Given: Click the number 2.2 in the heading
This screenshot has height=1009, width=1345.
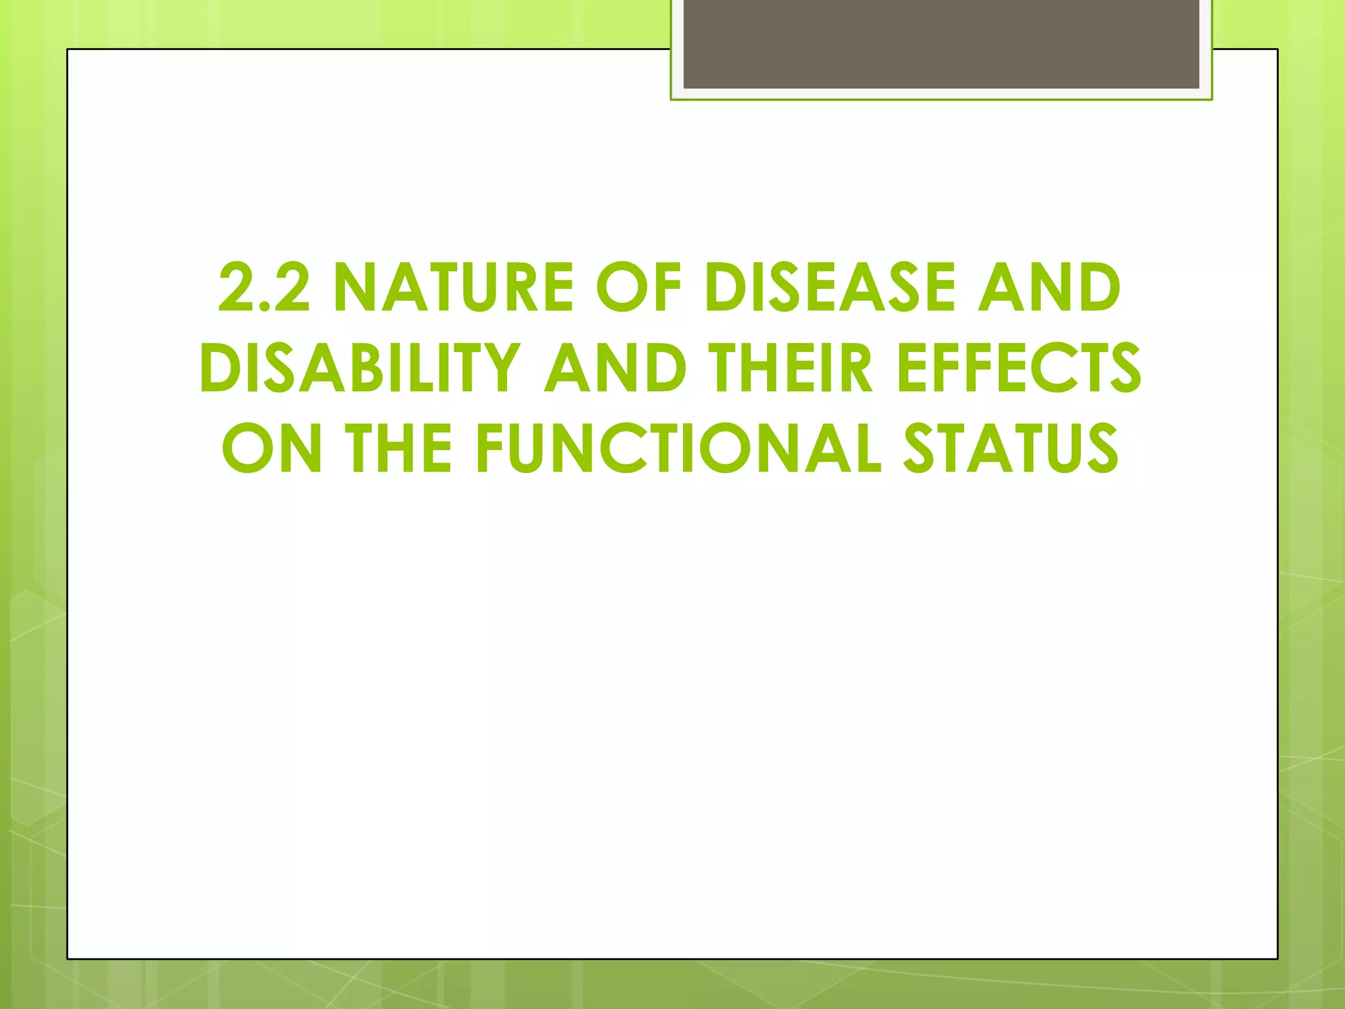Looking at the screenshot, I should (x=264, y=288).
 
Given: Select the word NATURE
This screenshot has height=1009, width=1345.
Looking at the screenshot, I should (x=453, y=288).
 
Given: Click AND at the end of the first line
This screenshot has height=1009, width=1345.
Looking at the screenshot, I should (x=1049, y=288).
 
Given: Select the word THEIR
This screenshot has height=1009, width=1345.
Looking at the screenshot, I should (x=793, y=368).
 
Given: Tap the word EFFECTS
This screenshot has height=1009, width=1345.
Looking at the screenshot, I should (x=1019, y=368).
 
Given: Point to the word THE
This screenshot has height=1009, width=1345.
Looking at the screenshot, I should (x=399, y=448).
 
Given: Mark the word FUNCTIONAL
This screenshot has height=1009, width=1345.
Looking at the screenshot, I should (x=678, y=448).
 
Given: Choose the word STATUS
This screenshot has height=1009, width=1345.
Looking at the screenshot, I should (x=1011, y=448).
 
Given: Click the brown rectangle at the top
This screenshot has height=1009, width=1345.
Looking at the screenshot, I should (x=941, y=45).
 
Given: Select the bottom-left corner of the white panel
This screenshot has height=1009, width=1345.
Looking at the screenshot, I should (x=68, y=958).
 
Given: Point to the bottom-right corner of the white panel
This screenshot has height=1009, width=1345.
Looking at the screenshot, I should (x=1277, y=958).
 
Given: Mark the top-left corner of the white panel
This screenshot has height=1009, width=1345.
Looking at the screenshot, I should (x=68, y=50).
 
